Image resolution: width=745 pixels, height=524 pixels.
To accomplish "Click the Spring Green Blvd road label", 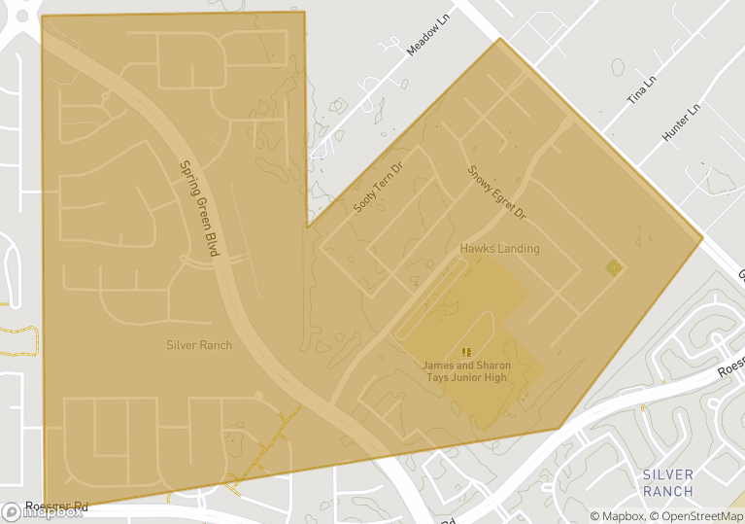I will point(199,208).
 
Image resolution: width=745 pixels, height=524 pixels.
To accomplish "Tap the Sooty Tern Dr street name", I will point(378,189).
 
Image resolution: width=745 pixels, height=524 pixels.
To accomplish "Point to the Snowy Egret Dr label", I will point(495,191).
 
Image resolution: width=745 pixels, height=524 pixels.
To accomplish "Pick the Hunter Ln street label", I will point(680,124).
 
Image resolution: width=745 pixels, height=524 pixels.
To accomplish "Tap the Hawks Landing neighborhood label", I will point(499,249).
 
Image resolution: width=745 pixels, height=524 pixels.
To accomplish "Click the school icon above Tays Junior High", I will point(466,351).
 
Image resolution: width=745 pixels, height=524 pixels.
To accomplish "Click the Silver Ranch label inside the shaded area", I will point(199,345).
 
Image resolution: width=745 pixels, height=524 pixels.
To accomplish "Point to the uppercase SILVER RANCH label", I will point(668,483).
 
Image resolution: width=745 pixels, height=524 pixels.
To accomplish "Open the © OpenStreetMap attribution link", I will point(696,516).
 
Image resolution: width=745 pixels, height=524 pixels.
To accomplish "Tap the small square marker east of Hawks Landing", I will point(613,266).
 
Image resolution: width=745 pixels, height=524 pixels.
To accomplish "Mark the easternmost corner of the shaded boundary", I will point(702,238).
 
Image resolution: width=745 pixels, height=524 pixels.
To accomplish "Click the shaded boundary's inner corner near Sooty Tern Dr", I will point(308,227).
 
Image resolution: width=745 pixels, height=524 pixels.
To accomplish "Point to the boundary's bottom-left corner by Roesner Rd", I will point(45,506).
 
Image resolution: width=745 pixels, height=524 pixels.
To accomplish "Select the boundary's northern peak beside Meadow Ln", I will point(499,39).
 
